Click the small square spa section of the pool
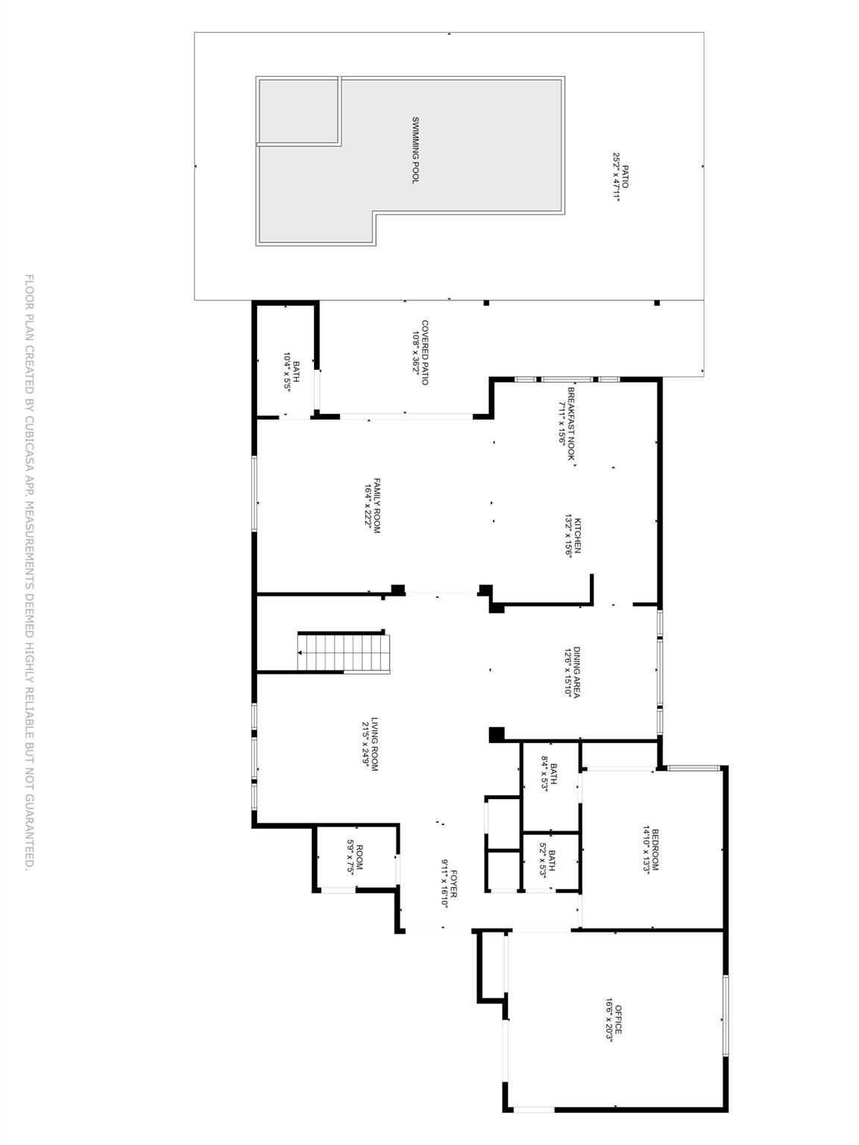[x=298, y=110]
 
